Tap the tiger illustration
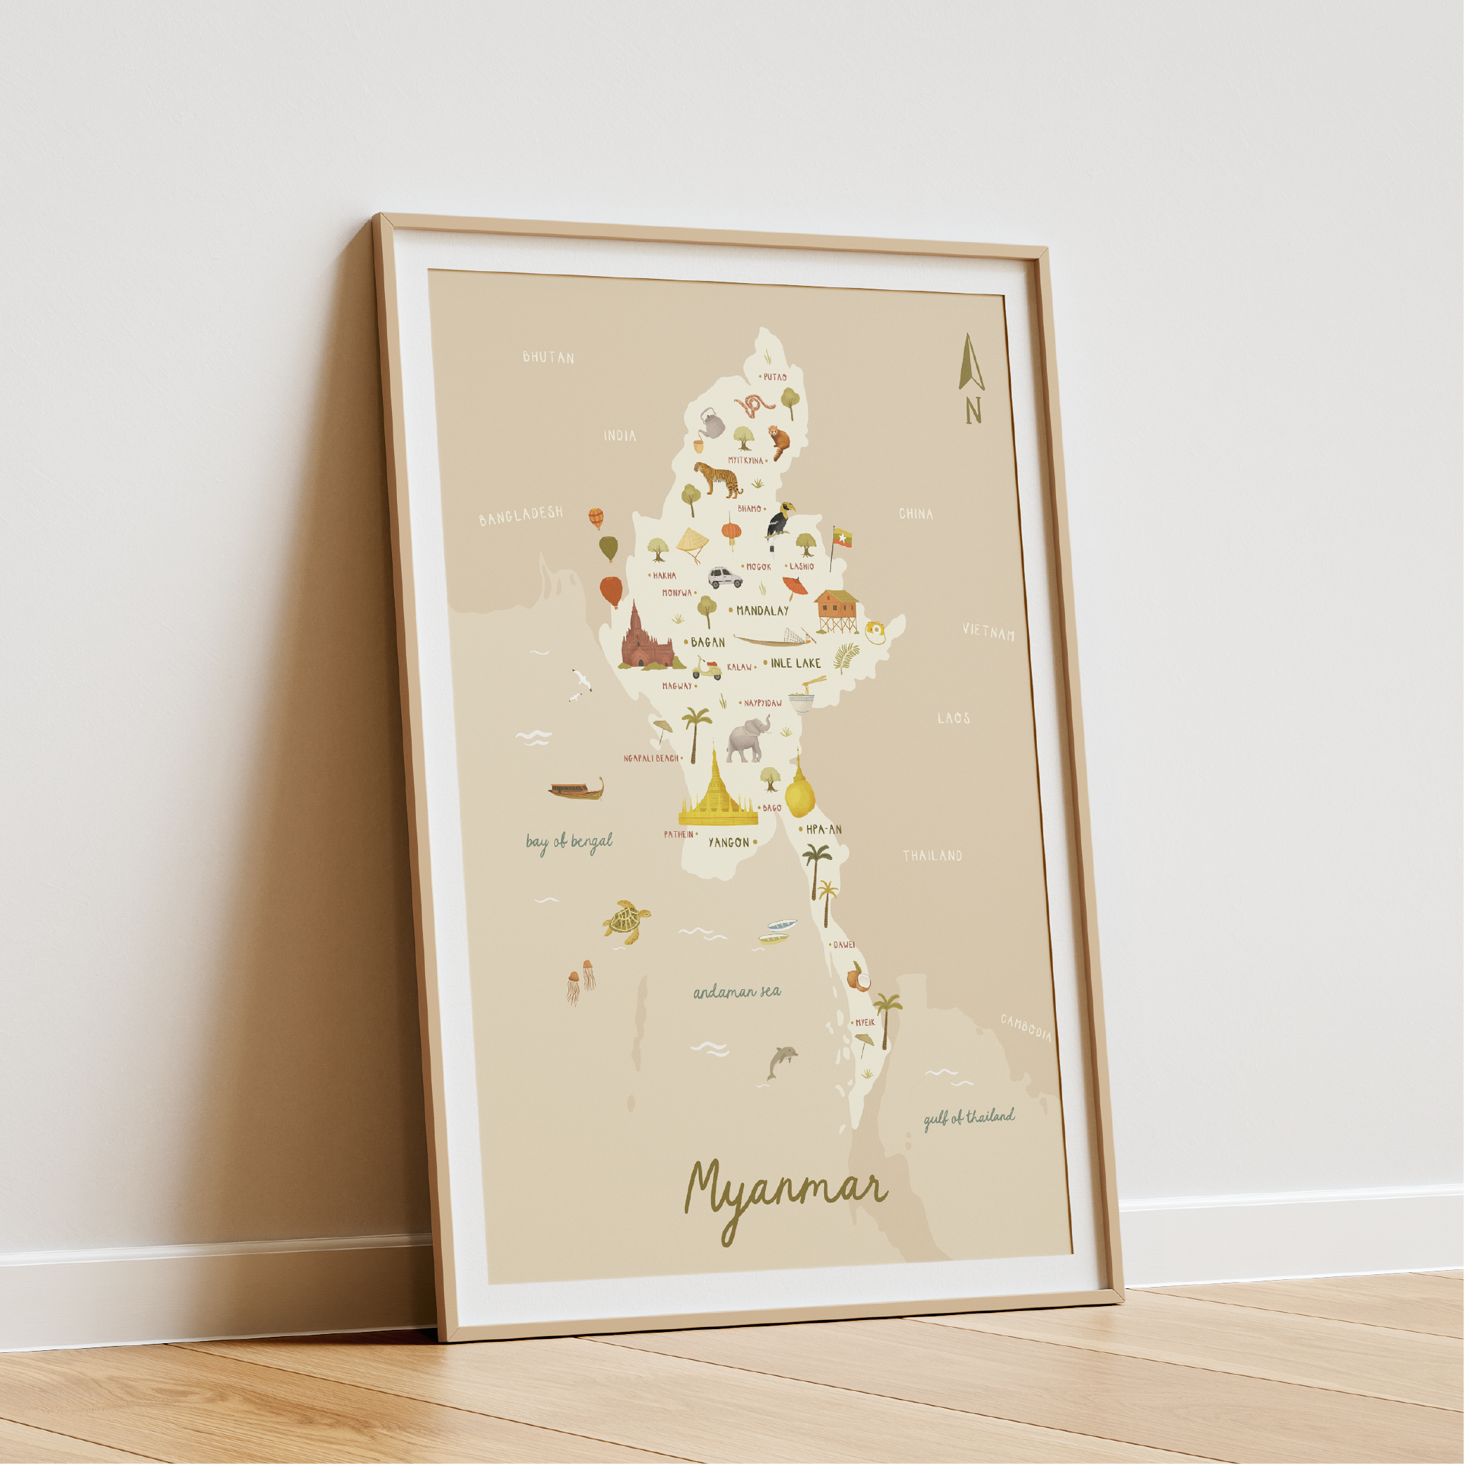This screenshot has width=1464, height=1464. click(x=718, y=479)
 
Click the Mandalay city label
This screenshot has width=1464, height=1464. click(x=762, y=610)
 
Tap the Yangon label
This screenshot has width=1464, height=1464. click(x=728, y=842)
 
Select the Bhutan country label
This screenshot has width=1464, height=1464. click(x=548, y=357)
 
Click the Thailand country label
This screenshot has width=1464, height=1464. click(x=932, y=856)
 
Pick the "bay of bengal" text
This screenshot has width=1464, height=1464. click(x=569, y=842)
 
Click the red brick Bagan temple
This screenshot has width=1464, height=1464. click(x=646, y=639)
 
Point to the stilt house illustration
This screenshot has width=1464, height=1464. click(x=837, y=609)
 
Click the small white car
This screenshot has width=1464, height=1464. click(x=725, y=578)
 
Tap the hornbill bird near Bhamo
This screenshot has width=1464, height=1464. click(x=780, y=520)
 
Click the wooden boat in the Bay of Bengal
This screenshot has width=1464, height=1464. click(x=577, y=790)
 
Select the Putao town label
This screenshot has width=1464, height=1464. click(x=774, y=377)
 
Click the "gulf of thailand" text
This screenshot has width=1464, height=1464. click(x=969, y=1118)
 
